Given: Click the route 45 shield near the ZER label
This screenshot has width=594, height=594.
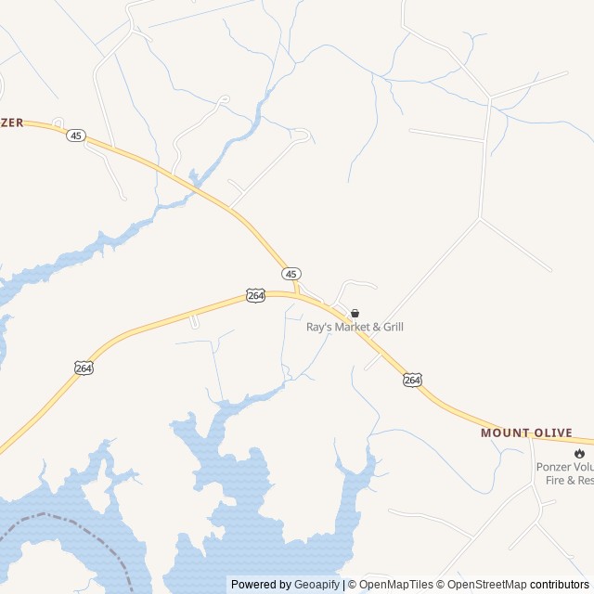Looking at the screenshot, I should pos(76,136).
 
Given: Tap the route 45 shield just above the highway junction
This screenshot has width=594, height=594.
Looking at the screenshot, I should pos(291,274).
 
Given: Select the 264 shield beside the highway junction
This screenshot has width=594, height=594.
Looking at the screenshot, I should pos(256,295).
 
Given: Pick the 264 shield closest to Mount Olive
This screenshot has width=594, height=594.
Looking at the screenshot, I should pos(412,380).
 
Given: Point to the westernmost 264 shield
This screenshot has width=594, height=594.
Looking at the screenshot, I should pos(84,368).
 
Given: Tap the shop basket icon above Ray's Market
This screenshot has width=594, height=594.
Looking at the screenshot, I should pos(355,314).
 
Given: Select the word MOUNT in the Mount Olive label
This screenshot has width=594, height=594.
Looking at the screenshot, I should pos(506,433).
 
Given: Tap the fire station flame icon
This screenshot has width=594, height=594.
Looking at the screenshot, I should pos(580,453).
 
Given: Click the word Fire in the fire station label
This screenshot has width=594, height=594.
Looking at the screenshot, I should pos(547,480).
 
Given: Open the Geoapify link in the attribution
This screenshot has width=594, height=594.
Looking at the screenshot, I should pos(317,585).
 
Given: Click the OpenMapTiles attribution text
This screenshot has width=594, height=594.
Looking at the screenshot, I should pos(396,585).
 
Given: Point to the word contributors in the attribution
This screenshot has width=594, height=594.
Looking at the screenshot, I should pos(560,585).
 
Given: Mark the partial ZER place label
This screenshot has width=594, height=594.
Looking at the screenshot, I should pos(12,123).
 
